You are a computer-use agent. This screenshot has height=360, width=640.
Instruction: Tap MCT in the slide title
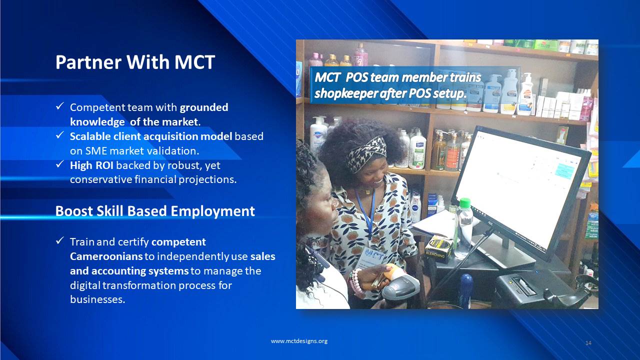coord(194,62)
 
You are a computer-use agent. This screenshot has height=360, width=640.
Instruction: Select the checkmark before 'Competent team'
coord(59,106)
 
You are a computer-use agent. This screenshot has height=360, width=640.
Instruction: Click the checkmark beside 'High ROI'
coord(59,164)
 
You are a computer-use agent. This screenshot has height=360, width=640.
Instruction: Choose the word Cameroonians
coord(106,256)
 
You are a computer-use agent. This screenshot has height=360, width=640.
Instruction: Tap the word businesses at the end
coord(97,299)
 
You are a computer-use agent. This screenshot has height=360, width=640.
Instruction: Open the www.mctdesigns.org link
coord(299,341)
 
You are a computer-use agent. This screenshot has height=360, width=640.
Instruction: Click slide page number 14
coord(588,343)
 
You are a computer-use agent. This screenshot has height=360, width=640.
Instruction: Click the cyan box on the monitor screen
coord(564,171)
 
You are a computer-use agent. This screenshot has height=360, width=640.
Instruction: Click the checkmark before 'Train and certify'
coord(59,240)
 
